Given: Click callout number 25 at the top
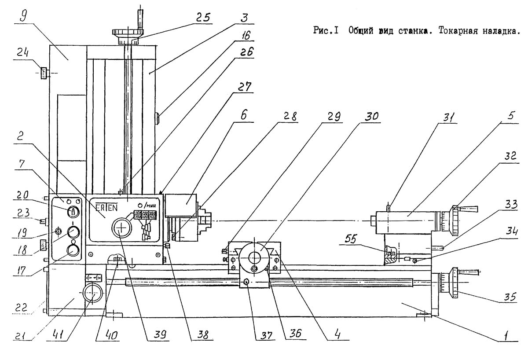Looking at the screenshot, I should click(x=204, y=18).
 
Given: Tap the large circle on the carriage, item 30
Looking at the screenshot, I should click(x=254, y=256).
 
